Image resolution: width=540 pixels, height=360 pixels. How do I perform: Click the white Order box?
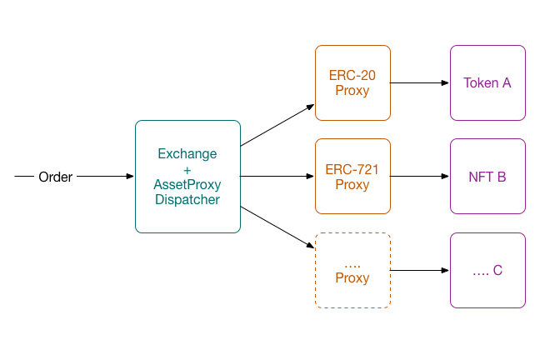55,177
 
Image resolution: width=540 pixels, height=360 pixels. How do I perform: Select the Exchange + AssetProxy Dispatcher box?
187,177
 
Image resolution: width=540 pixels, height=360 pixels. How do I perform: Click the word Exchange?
187,154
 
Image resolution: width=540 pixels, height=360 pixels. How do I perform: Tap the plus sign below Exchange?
187,169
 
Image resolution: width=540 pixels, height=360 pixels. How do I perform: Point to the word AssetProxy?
187,184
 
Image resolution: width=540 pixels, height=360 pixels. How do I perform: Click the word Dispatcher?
187,199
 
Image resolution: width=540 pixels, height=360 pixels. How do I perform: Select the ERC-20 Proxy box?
352,82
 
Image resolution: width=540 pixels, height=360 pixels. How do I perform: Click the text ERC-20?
352,75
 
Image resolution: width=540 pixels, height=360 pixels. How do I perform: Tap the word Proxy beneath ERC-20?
352,91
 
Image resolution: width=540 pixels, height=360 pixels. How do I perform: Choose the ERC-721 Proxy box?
352,176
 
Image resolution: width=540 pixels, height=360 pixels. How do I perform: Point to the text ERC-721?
352,169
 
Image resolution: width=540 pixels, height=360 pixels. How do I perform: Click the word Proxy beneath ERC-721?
352,184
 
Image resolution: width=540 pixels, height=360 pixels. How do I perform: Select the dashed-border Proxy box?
352,270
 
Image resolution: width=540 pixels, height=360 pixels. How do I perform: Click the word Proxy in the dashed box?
352,278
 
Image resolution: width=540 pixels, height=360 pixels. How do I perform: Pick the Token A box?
487,82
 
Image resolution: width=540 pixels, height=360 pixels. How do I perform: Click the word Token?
481,83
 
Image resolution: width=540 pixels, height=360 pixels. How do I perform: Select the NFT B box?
487,177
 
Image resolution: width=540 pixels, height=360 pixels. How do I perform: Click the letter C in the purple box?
497,271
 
